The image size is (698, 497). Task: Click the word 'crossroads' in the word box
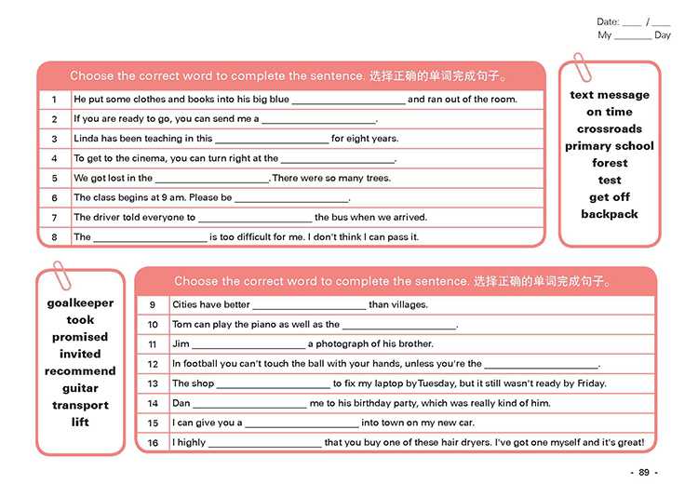[x=610, y=129]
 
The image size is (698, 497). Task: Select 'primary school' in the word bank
[x=610, y=146]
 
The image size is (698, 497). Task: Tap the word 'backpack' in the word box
[x=610, y=214]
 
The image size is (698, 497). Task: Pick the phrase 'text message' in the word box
[x=610, y=95]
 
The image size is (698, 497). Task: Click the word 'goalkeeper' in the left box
[x=80, y=302]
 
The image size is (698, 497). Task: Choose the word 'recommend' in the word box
[x=80, y=371]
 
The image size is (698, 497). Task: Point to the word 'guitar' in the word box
[x=80, y=388]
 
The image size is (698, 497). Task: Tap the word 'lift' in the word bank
[x=80, y=423]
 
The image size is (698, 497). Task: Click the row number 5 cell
[x=55, y=178]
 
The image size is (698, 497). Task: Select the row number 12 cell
[x=154, y=364]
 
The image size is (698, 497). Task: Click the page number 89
[x=643, y=473]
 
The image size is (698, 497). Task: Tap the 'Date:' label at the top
[x=608, y=21]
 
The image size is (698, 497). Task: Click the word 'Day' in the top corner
[x=662, y=35]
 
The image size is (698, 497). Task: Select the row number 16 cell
[x=154, y=443]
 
